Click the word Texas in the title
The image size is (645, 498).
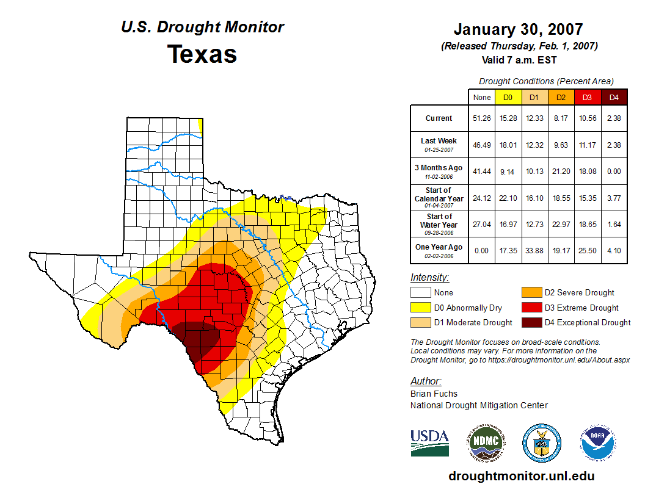pos(202,54)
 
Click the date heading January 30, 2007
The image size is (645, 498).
pos(518,29)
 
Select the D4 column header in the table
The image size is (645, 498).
pos(614,97)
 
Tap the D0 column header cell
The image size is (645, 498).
pos(508,97)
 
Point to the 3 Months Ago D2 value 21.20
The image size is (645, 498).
pos(561,171)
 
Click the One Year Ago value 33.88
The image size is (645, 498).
pos(534,250)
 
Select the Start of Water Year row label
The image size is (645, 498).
pos(439,224)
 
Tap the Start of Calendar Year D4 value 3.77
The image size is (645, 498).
pos(614,198)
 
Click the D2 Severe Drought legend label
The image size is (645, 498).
pos(579,293)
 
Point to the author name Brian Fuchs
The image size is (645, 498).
pos(434,394)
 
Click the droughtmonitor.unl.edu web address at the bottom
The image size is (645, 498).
pos(521,476)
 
